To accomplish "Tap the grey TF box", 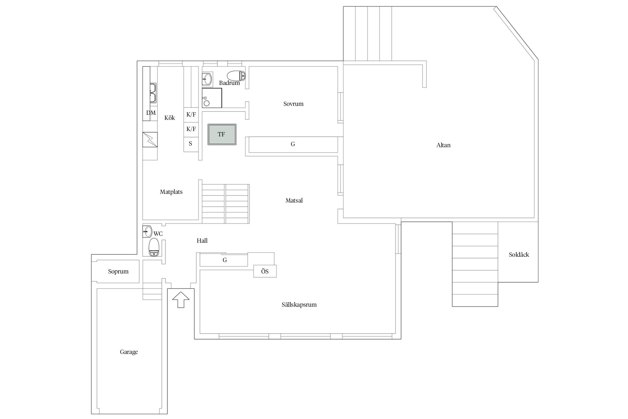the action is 222,134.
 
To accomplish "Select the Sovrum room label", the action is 293,104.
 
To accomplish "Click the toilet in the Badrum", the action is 236,75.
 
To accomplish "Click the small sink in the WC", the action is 147,232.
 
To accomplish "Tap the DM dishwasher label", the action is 151,113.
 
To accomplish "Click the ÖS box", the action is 265,271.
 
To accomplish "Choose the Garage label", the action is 129,352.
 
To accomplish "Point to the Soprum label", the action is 118,272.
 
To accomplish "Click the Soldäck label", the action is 519,254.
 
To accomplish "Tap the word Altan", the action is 444,145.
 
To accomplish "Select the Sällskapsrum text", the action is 299,304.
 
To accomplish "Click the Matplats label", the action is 171,192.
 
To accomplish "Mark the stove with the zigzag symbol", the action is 150,139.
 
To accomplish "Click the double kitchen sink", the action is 153,93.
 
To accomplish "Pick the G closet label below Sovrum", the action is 293,144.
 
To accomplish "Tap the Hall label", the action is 202,241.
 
